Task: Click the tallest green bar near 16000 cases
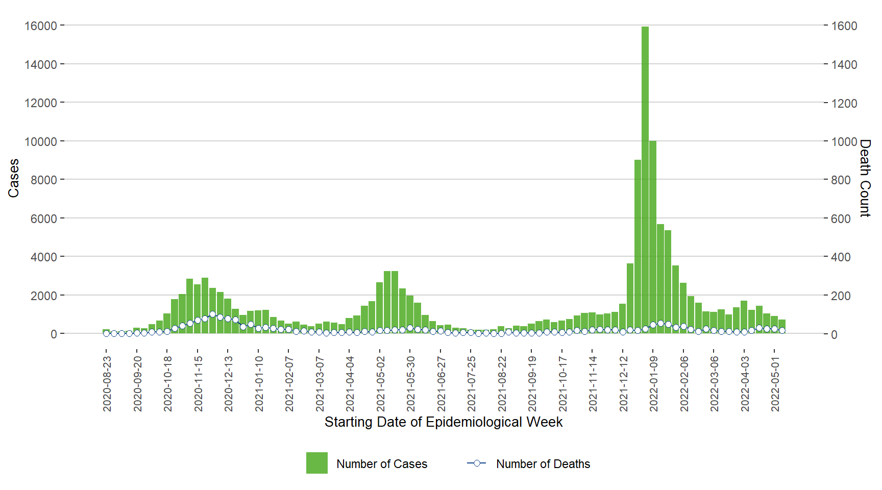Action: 645,179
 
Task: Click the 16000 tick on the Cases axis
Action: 40,26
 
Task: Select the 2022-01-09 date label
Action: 654,384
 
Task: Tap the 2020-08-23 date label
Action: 107,384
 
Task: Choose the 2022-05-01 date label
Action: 775,384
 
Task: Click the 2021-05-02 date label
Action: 380,384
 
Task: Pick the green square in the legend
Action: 316,463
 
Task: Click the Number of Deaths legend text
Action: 543,464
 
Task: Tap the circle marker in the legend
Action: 477,463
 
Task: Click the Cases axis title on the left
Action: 13,178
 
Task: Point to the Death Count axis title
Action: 865,178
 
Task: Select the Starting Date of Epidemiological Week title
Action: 443,422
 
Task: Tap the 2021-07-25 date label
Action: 472,384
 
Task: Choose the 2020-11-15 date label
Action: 198,384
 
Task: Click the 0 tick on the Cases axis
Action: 54,334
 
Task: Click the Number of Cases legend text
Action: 382,464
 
